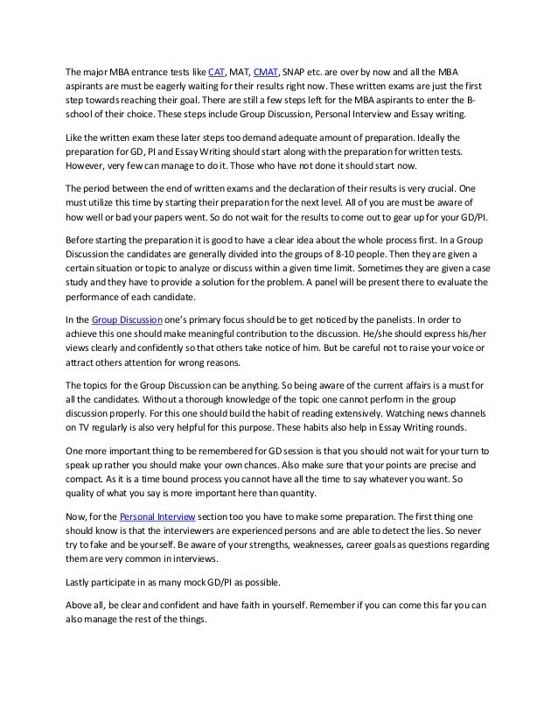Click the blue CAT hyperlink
216,71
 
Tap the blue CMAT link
266,71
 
